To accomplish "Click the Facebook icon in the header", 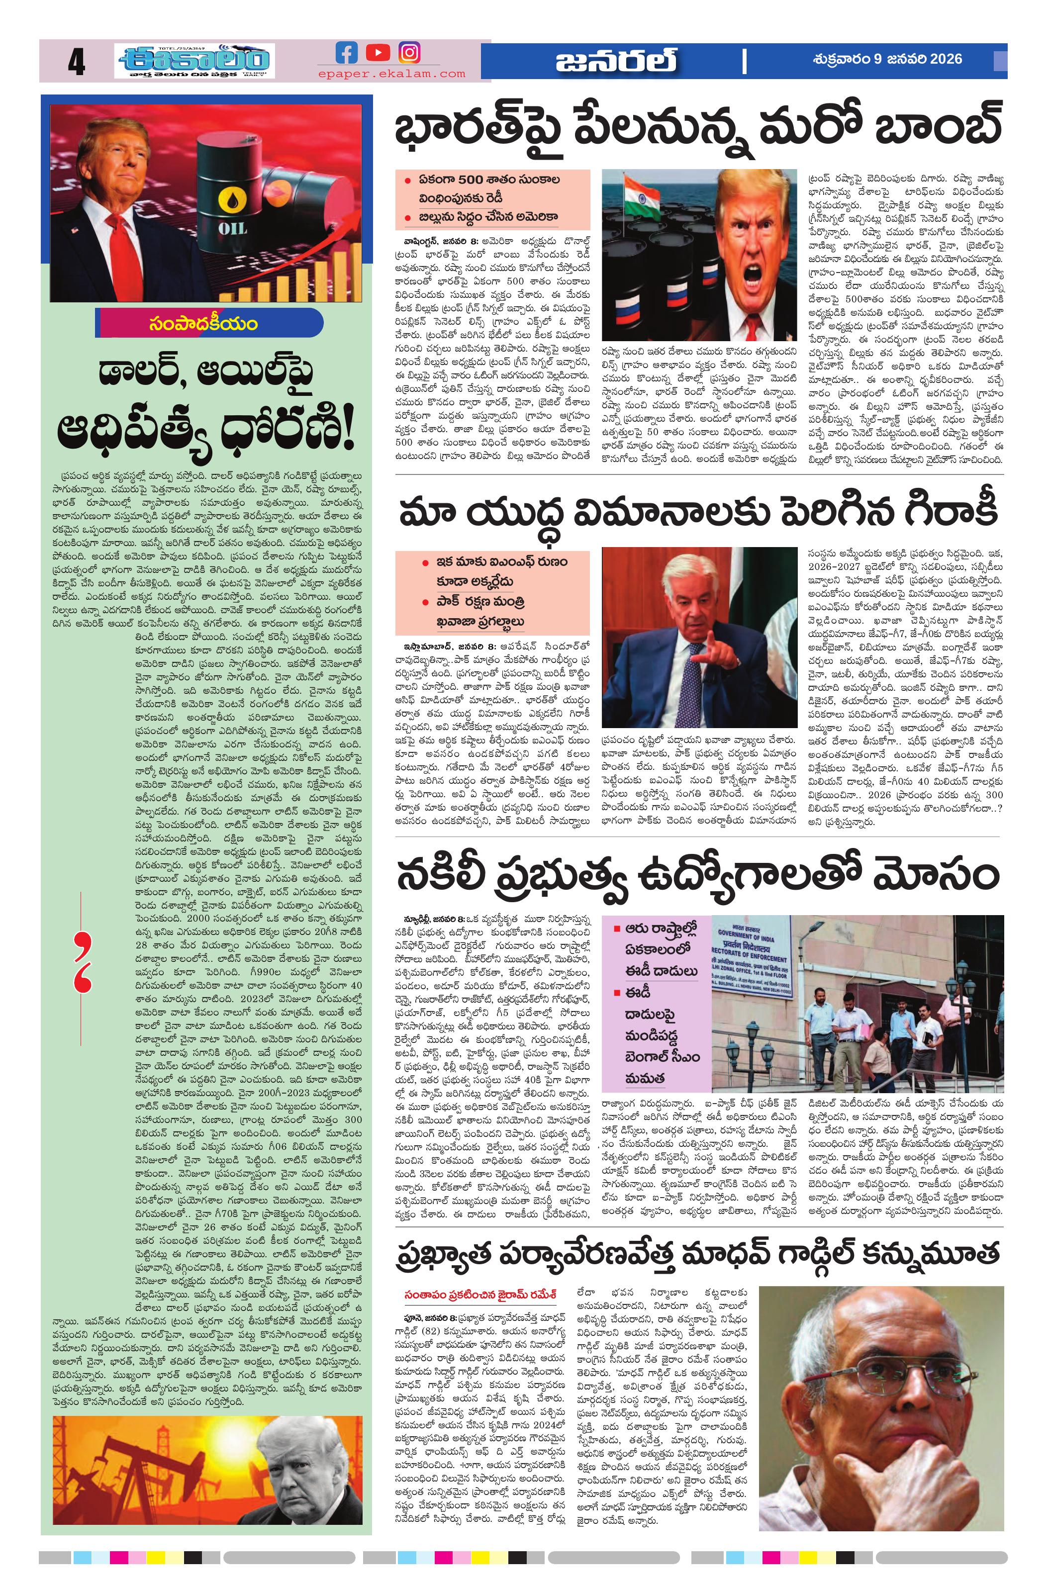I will point(346,52).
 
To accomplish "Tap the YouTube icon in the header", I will point(378,52).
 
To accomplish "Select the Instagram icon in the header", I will point(409,52).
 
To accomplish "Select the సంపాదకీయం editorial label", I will point(204,324).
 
